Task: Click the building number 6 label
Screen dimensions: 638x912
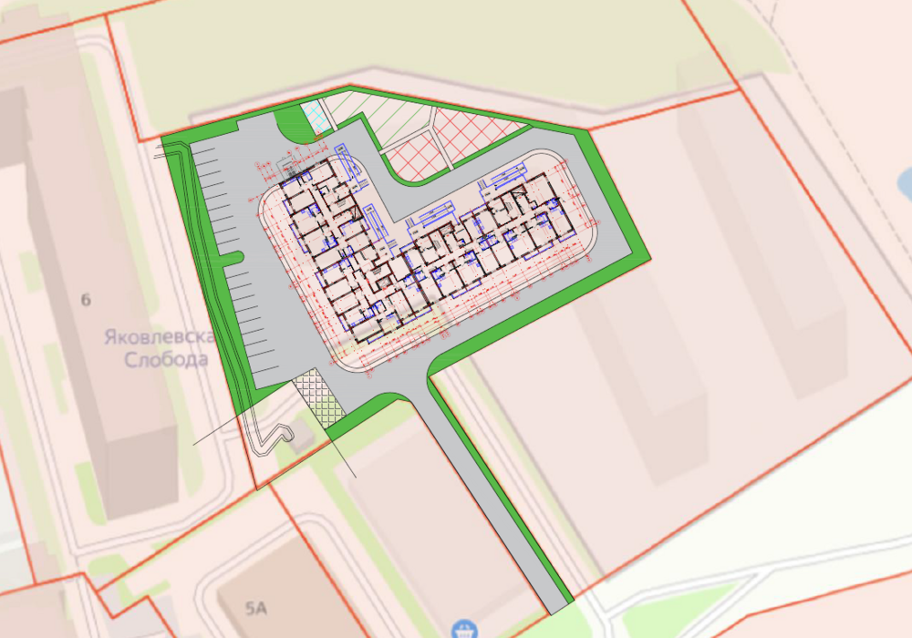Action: tap(87, 299)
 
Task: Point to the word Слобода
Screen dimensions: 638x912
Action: tap(167, 359)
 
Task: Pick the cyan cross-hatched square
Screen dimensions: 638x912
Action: tap(315, 118)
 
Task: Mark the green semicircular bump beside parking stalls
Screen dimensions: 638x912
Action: tap(233, 258)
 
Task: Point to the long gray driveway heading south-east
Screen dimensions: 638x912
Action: tap(492, 492)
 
